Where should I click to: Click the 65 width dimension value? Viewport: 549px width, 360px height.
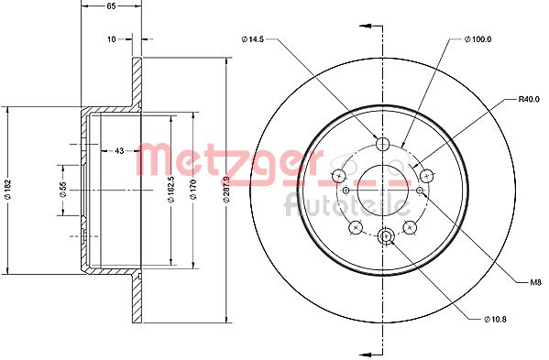point(111,6)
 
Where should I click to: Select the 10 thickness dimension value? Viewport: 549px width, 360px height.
point(111,39)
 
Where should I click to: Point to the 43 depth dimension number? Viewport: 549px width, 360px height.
point(118,150)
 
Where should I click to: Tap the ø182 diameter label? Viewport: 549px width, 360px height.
point(7,187)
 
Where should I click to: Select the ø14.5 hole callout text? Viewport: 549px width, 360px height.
point(254,38)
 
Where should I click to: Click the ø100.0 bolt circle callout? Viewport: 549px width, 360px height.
point(478,38)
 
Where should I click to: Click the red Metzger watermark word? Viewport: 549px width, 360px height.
point(220,161)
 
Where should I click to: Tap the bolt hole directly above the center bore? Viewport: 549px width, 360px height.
point(384,142)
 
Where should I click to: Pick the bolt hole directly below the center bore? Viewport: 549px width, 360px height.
point(385,236)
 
